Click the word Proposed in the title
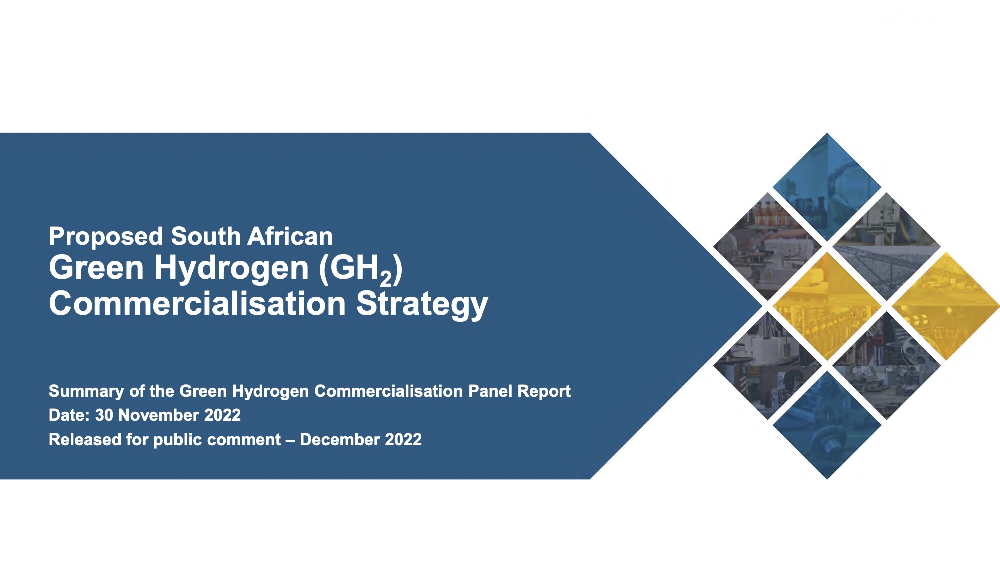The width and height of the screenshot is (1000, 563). [106, 237]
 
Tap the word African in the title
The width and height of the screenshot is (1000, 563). [290, 236]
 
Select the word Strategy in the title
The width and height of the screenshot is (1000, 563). [422, 304]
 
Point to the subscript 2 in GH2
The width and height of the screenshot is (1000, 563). [386, 278]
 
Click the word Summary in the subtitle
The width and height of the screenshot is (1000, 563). [86, 391]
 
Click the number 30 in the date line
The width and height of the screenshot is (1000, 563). [104, 415]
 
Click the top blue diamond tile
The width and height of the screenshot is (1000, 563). [827, 187]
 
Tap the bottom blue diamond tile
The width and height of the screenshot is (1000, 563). [827, 425]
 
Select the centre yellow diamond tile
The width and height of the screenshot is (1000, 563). [827, 306]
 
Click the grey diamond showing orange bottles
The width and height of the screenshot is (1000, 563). [767, 246]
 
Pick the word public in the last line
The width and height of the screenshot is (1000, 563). [177, 440]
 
